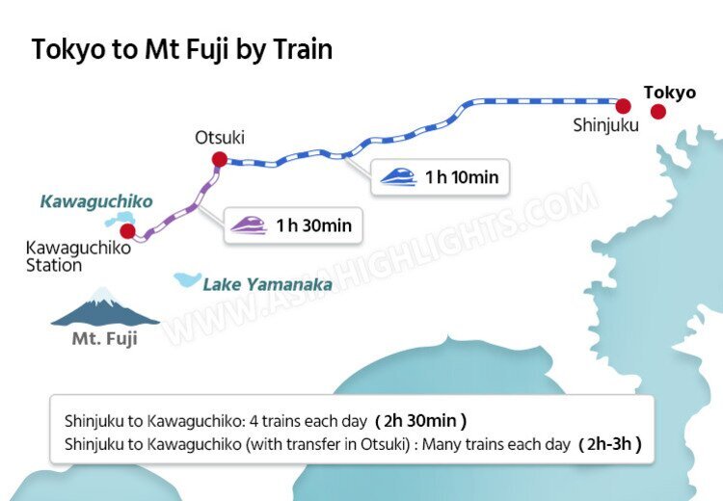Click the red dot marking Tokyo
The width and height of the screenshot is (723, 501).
(x=658, y=112)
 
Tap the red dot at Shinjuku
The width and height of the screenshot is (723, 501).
(x=624, y=105)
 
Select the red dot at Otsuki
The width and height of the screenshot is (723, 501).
(x=220, y=159)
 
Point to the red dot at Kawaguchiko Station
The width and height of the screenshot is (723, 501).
(x=128, y=231)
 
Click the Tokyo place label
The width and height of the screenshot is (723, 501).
(x=669, y=92)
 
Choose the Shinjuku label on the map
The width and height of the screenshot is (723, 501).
(x=605, y=125)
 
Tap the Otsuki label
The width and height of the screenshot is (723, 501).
(x=220, y=138)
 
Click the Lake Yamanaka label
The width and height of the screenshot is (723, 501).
(x=267, y=284)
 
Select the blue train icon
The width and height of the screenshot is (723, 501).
(x=398, y=176)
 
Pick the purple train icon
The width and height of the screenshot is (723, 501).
(x=249, y=225)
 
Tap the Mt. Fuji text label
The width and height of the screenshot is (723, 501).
(x=105, y=339)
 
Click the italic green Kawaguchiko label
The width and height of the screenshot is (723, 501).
(x=95, y=202)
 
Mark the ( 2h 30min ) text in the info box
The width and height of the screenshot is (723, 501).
(x=424, y=421)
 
